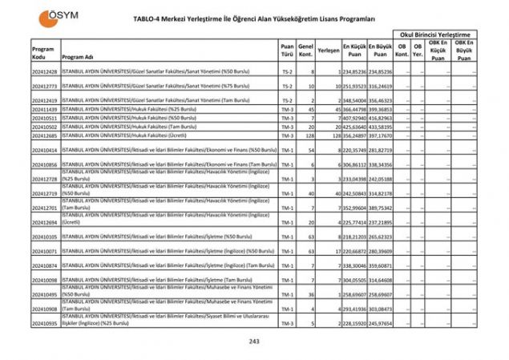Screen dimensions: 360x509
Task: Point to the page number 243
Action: tap(253, 342)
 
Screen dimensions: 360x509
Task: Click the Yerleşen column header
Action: tap(328, 50)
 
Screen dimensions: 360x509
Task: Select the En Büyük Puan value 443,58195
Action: tap(380, 127)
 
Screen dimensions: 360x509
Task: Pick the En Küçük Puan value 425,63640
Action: tap(354, 127)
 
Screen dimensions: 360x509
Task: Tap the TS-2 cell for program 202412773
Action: tap(287, 86)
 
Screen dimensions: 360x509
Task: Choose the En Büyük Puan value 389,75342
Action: tap(380, 207)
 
